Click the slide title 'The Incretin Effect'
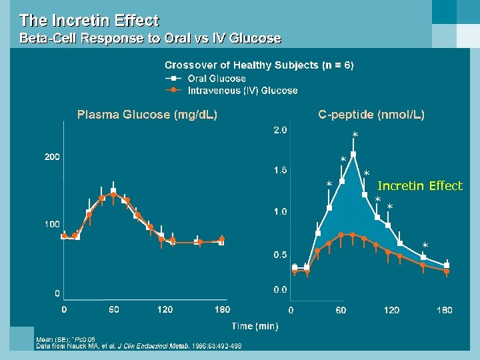[x=89, y=21]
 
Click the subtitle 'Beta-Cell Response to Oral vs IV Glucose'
[x=150, y=39]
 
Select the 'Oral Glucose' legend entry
[x=217, y=79]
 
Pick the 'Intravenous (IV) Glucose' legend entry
[x=243, y=91]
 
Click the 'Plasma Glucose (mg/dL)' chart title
[x=147, y=115]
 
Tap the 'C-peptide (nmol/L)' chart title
[x=371, y=115]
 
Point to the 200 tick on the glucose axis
[x=52, y=157]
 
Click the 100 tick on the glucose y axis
[x=52, y=224]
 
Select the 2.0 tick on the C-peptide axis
[x=281, y=130]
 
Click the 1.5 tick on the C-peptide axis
[x=281, y=170]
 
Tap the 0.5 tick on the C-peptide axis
[x=281, y=255]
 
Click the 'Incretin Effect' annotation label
[x=420, y=186]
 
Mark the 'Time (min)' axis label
[x=255, y=326]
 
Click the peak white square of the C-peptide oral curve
[x=353, y=154]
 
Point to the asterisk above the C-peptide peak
[x=355, y=136]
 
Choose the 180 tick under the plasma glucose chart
[x=222, y=309]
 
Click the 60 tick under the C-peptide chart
[x=341, y=310]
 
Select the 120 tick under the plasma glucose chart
[x=165, y=309]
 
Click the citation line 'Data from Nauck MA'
[x=139, y=346]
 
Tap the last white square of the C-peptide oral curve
[x=447, y=265]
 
